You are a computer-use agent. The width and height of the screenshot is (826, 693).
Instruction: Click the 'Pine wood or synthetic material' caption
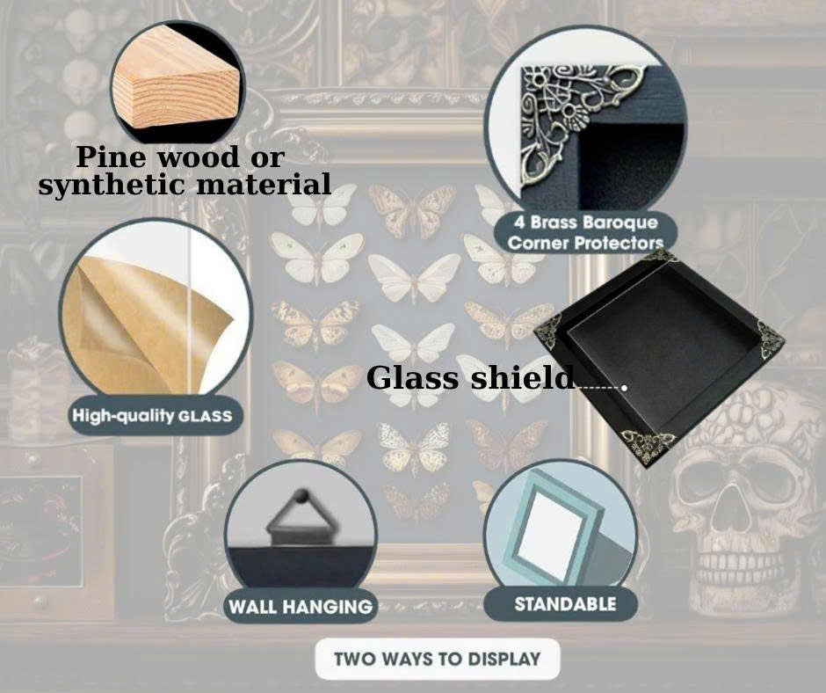click(185, 171)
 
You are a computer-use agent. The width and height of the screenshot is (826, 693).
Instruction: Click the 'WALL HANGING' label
click(300, 606)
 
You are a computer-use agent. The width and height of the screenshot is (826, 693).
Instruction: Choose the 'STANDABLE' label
click(565, 604)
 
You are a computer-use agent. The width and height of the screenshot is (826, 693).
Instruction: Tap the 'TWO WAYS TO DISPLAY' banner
click(437, 659)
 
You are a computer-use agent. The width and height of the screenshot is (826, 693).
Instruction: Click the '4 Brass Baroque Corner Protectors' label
click(585, 232)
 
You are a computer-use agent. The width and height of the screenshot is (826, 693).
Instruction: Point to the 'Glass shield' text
click(470, 378)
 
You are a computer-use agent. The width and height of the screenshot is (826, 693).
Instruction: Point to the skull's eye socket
click(703, 479)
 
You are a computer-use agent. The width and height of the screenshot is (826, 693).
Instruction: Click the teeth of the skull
click(738, 558)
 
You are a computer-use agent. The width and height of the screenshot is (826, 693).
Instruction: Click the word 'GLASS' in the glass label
click(205, 415)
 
